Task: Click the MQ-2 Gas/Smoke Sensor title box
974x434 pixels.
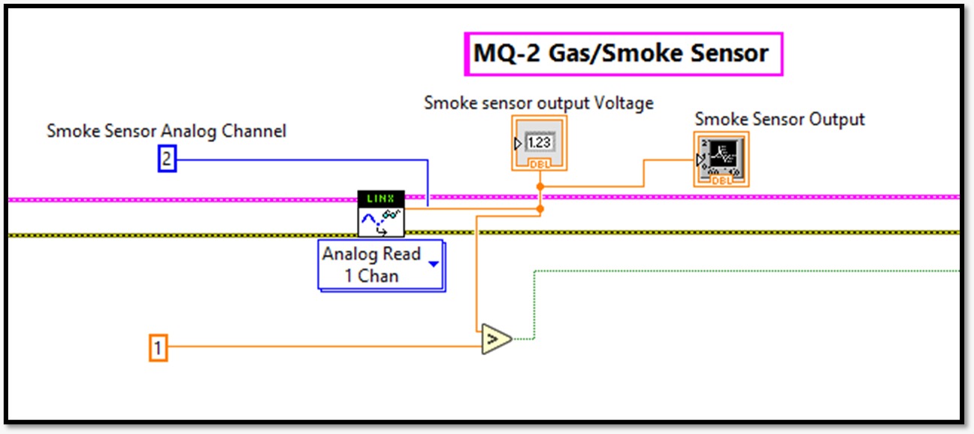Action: point(623,54)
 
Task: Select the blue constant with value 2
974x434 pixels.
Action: point(166,159)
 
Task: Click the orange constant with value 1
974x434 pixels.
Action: point(158,348)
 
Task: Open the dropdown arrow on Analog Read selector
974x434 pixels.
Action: point(434,264)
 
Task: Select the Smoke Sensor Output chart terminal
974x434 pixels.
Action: point(721,159)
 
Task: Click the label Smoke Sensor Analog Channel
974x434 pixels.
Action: point(166,131)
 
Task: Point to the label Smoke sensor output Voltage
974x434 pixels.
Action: point(538,102)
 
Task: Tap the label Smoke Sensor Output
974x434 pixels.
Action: point(779,119)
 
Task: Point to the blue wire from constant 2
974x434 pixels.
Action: point(301,159)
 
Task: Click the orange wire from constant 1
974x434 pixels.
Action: point(323,347)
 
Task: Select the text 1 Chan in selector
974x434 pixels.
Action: point(371,275)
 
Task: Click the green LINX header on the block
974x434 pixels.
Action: point(381,198)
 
